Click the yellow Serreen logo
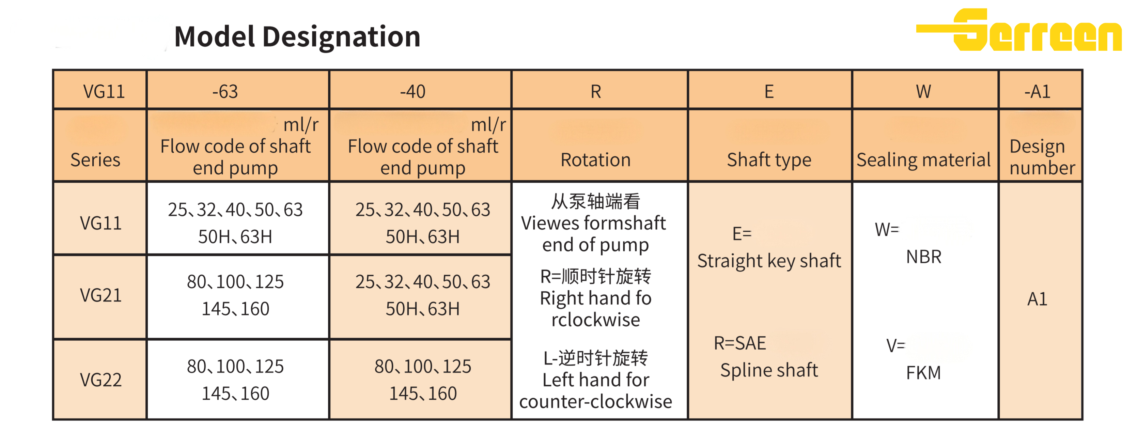tap(1018, 30)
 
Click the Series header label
tap(95, 159)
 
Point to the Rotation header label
tap(595, 159)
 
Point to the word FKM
tap(923, 373)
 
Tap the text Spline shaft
tap(769, 370)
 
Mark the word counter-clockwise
tap(595, 402)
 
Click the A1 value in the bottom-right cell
tap(1037, 299)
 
